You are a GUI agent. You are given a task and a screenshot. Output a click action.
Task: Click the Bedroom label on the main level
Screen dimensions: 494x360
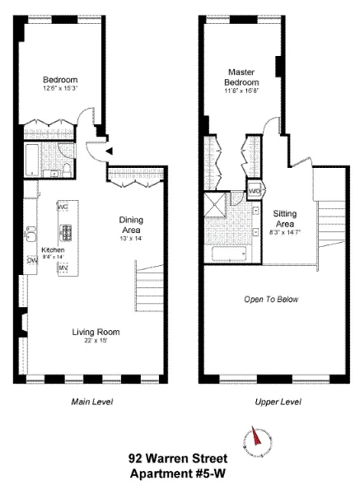coord(59,80)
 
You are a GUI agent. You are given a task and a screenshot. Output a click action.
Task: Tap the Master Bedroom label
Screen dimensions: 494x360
coord(241,77)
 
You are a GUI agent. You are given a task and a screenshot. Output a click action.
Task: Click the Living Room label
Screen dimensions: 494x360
coord(96,332)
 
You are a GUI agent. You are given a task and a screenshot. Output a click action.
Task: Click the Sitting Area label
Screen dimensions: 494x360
coord(285,217)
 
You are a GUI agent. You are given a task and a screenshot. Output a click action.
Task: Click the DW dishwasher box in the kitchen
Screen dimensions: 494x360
coord(32,260)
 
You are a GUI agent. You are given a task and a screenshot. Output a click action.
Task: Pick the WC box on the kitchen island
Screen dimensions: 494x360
coord(63,207)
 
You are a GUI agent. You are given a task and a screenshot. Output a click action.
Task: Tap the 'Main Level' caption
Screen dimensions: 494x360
coord(91,402)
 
